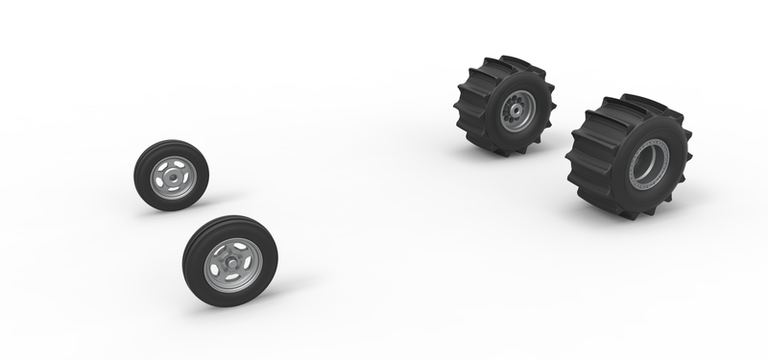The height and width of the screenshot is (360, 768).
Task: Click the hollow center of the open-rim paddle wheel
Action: pos(647,164)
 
